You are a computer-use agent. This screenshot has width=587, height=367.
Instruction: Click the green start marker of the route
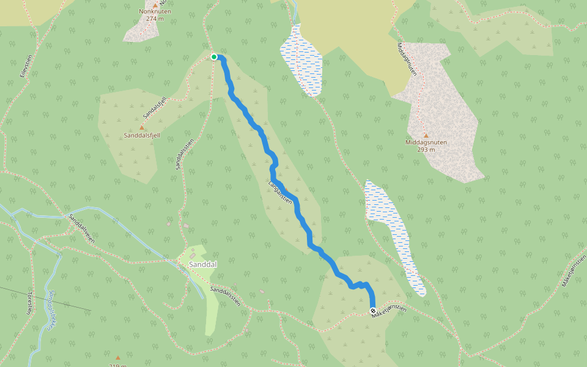(x=214, y=57)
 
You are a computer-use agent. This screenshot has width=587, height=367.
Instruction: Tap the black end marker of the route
(x=373, y=311)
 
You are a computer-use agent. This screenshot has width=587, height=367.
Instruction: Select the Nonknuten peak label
(x=155, y=11)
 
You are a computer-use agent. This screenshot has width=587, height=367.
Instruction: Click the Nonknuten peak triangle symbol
(x=155, y=4)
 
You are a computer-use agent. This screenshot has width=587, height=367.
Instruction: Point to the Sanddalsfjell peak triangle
(x=141, y=127)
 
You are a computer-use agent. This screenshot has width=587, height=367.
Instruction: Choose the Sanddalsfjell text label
(x=141, y=135)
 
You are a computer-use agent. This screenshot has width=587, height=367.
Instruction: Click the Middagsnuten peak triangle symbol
(x=426, y=135)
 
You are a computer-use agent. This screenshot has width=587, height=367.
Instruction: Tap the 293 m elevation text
(x=426, y=149)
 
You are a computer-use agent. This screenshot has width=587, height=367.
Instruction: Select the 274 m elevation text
(x=155, y=18)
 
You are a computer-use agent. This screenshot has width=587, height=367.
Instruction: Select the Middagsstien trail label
(x=407, y=59)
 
